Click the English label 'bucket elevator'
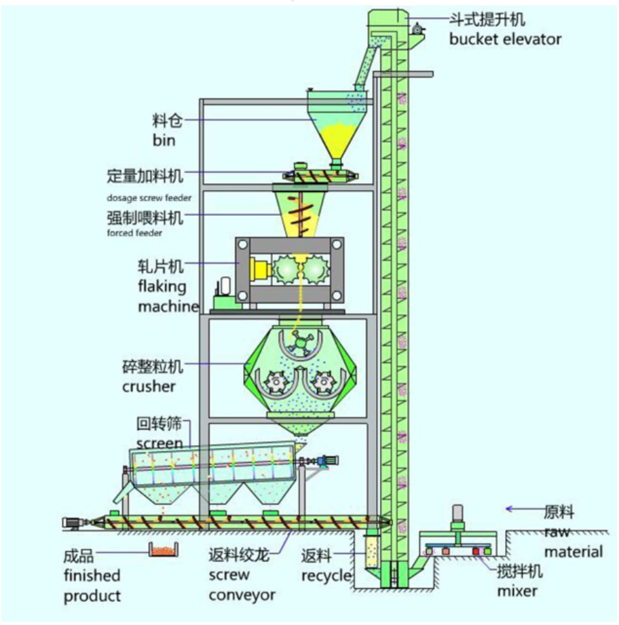pos(505,39)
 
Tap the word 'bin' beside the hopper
pos(164,140)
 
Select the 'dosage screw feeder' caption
pos(149,198)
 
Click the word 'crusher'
pos(149,387)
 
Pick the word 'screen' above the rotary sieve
pos(160,444)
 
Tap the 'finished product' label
pos(92,586)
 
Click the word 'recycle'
pos(328,576)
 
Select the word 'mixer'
pos(517,591)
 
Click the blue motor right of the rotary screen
pos(328,461)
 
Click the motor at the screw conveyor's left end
pos(71,523)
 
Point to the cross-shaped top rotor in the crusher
pos(297,343)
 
